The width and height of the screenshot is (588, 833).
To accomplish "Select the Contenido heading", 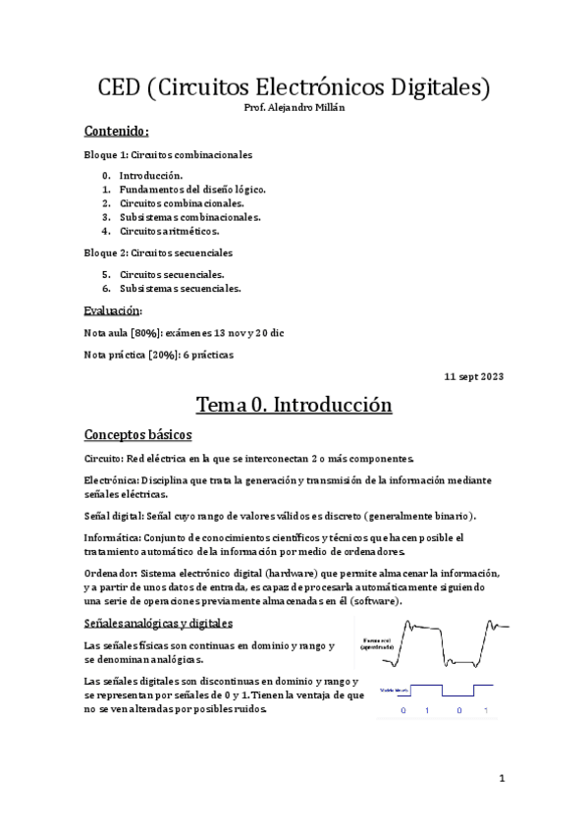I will coord(117,131).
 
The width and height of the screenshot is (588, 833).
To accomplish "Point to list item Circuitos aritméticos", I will coord(169,232).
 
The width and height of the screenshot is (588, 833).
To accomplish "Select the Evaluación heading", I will coord(114,311).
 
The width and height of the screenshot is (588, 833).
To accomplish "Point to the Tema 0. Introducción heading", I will coord(294,405).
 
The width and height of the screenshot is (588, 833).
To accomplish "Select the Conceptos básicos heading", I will coord(137,435).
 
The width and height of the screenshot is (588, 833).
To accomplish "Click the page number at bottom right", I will coord(501,780).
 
